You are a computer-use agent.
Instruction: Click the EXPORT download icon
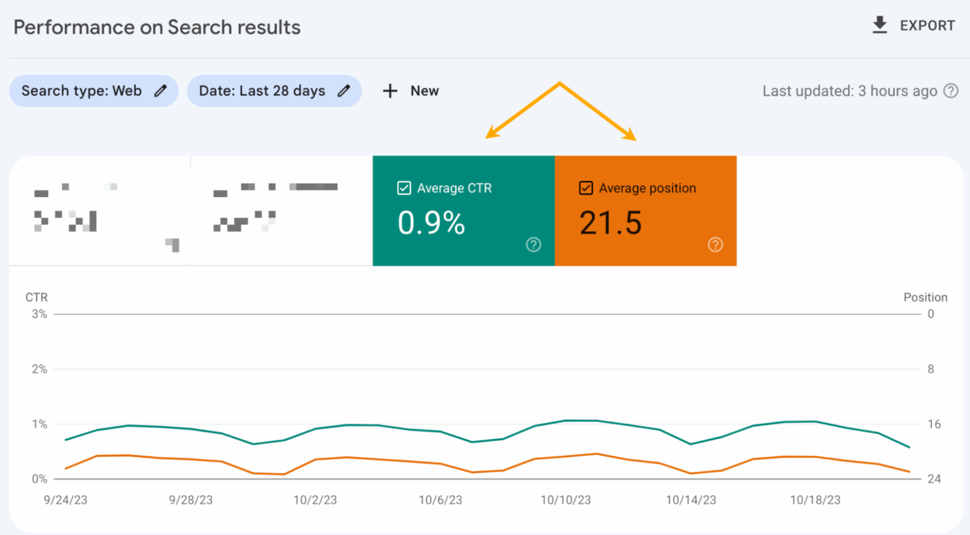point(880,25)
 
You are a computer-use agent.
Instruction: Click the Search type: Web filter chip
point(93,91)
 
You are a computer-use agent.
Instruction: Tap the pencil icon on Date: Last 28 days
point(344,91)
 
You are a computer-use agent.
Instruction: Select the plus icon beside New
point(390,91)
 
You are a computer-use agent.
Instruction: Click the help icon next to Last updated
point(950,91)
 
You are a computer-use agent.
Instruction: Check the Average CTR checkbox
point(404,188)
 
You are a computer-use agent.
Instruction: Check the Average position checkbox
point(586,188)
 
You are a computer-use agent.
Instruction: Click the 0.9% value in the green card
point(431,223)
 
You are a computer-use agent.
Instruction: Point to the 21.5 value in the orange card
point(611,223)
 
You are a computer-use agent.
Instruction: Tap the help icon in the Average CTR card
point(534,244)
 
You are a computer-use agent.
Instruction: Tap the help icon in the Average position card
point(716,244)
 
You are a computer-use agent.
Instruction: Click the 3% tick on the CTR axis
point(39,314)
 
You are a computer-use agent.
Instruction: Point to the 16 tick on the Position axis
point(934,424)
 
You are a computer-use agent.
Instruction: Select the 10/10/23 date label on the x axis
point(566,500)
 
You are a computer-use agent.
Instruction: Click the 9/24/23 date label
point(66,500)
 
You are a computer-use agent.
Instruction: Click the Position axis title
point(925,297)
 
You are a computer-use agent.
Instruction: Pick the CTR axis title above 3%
point(37,297)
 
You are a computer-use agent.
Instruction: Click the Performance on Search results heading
point(157,27)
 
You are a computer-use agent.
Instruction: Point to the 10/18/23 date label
point(815,500)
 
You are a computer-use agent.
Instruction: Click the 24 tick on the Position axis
point(934,479)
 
